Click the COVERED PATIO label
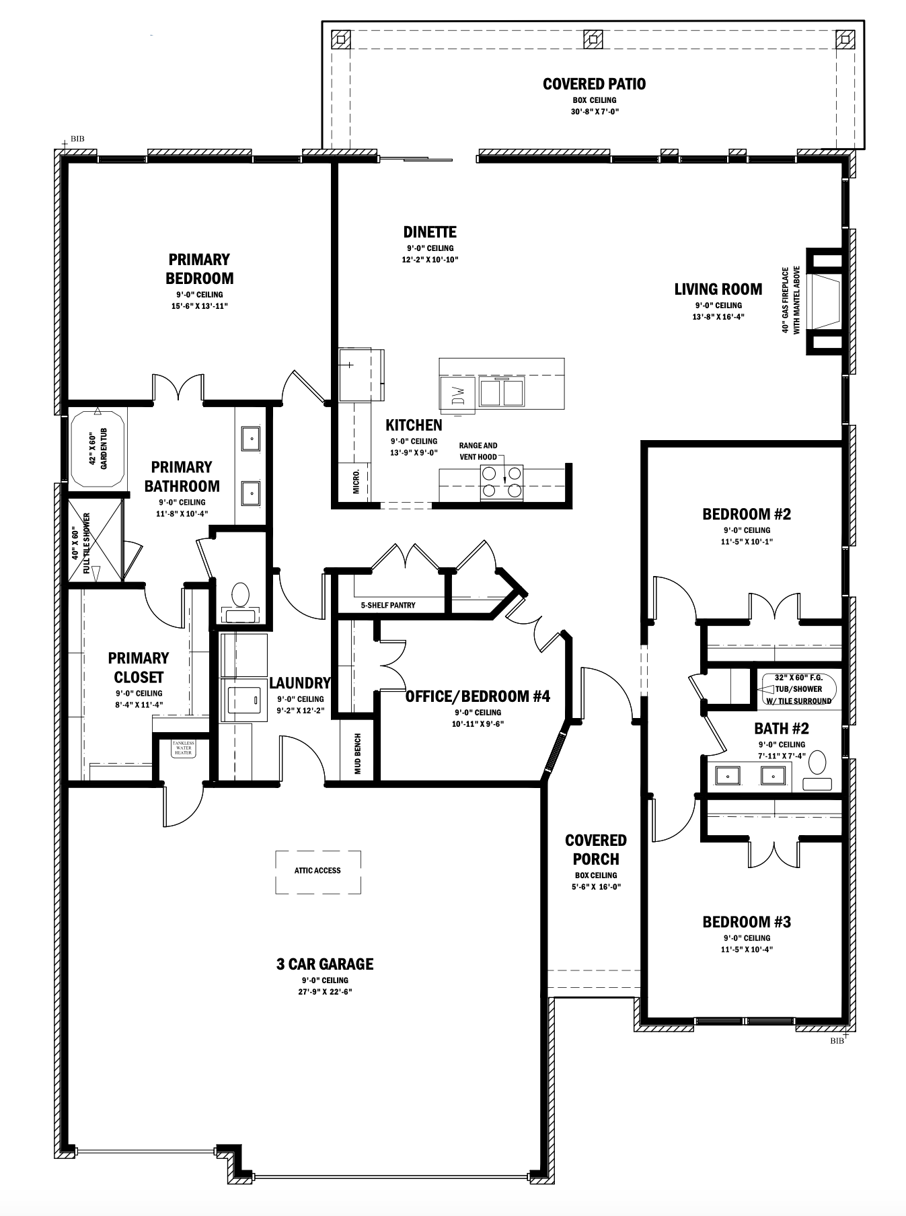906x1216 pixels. coord(594,84)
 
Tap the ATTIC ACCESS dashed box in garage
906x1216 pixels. coord(317,871)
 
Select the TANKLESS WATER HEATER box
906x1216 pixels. coord(183,749)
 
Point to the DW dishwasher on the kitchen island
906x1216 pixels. coord(457,394)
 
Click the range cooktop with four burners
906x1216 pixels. coord(502,482)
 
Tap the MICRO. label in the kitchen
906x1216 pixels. coord(356,482)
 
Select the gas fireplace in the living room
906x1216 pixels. coord(825,299)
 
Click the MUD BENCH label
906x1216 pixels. coord(358,754)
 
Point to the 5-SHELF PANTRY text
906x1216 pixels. coord(388,605)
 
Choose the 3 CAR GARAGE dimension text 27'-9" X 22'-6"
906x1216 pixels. coord(325,992)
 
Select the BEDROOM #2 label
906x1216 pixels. coord(746,515)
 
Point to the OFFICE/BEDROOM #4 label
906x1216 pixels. coord(478,696)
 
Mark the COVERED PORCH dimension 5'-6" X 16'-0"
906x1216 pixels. coord(595,887)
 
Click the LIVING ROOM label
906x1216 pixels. coord(718,289)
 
